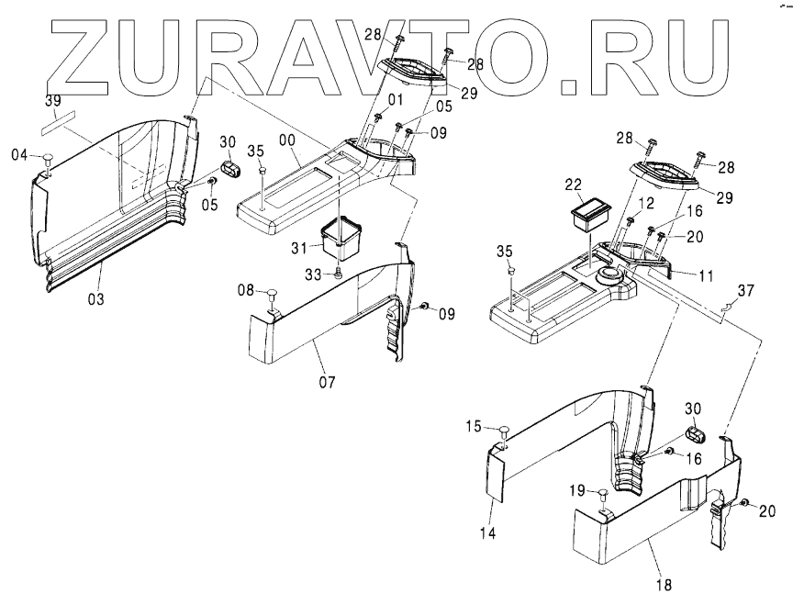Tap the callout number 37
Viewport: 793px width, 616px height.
coord(746,291)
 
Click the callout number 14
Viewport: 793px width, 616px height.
coord(488,533)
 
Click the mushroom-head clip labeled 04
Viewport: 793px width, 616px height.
coord(47,161)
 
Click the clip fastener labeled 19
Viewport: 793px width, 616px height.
coord(601,493)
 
